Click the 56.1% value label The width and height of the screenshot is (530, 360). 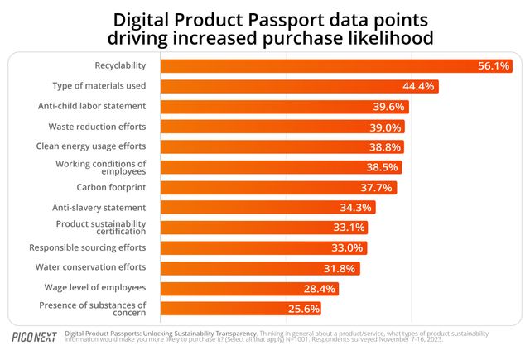pyautogui.click(x=493, y=66)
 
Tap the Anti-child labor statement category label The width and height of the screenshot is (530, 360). pyautogui.click(x=92, y=106)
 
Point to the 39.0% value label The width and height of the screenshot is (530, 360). pyautogui.click(x=386, y=127)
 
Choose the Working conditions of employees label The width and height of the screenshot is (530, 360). pyautogui.click(x=101, y=167)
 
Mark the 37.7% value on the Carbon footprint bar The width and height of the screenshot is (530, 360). pyautogui.click(x=379, y=187)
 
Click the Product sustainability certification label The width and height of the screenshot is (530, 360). pyautogui.click(x=101, y=228)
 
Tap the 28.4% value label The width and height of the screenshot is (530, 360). pyautogui.click(x=319, y=288)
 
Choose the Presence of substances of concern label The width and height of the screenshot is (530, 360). pyautogui.click(x=93, y=309)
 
